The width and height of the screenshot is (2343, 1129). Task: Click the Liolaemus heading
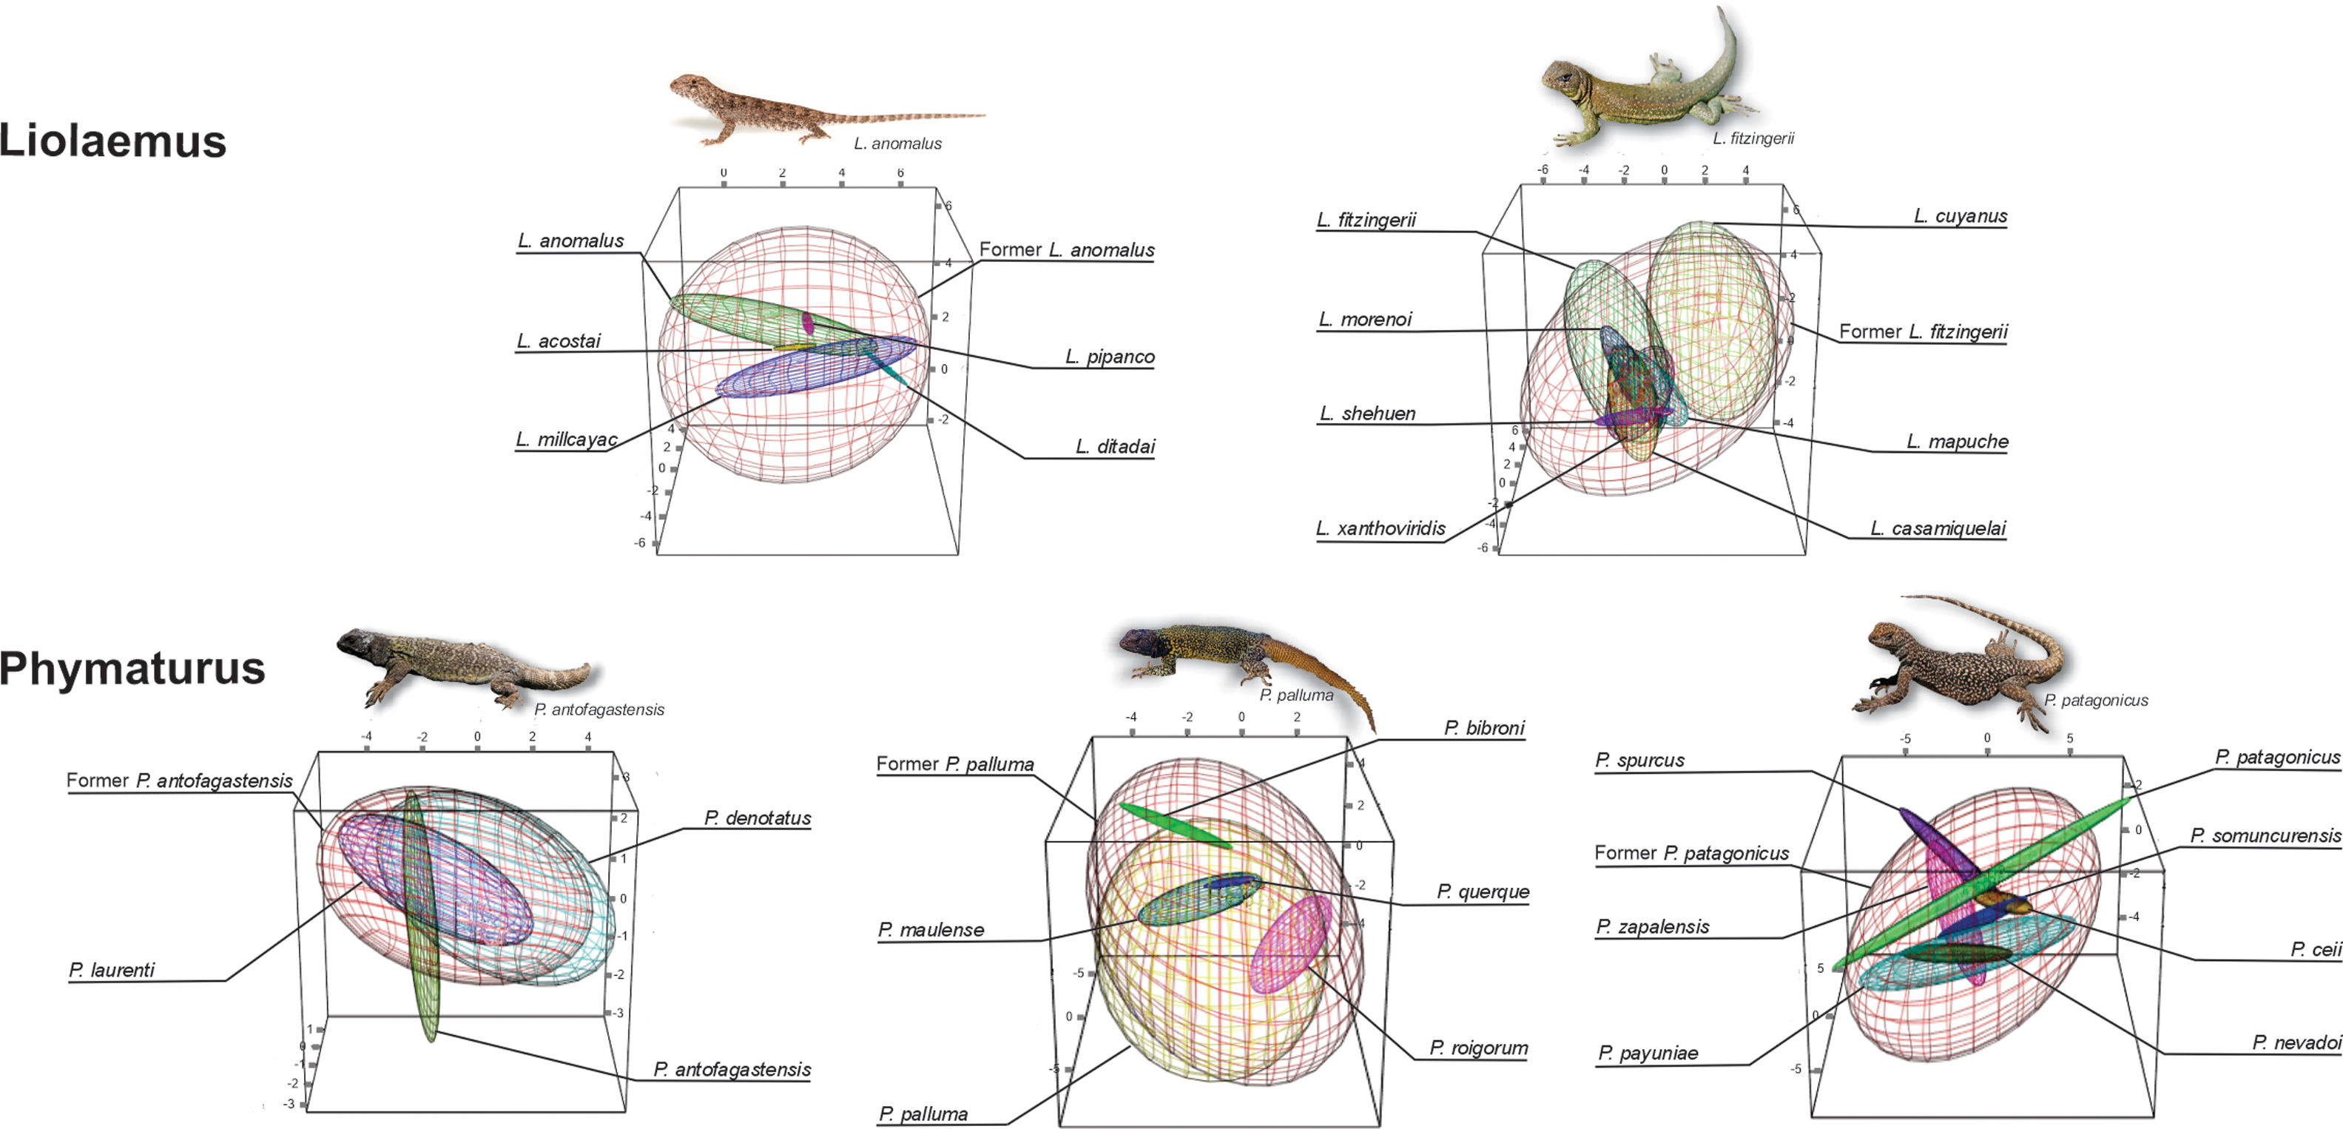point(112,141)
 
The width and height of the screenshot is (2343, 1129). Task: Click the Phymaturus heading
point(132,668)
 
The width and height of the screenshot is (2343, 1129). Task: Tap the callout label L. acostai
point(559,341)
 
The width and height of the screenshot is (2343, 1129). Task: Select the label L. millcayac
point(566,439)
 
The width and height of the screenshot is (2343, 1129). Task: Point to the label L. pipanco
point(1109,357)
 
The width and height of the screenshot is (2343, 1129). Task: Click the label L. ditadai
point(1114,447)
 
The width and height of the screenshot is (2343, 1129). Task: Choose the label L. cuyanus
point(1959,215)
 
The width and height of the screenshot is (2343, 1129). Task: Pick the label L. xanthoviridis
point(1380,528)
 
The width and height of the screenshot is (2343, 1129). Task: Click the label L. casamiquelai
point(1938,528)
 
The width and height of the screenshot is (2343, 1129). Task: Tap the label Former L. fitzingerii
point(1923,332)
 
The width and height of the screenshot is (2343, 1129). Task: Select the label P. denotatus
point(757,818)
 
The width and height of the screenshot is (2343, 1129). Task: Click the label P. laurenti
point(112,970)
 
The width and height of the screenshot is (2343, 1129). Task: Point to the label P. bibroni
point(1483,728)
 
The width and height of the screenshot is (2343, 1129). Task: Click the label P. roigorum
point(1478,1048)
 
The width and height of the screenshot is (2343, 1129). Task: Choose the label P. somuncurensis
point(2265,835)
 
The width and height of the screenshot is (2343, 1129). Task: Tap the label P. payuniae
point(1647,1053)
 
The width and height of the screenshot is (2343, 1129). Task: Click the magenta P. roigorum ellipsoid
point(1290,943)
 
